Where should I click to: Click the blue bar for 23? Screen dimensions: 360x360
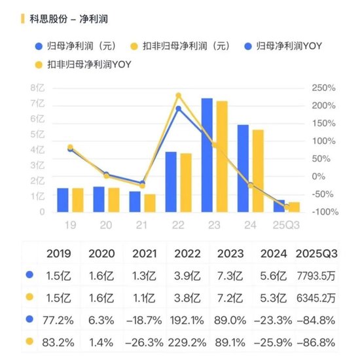point(207,155)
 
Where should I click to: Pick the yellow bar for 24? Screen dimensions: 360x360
point(258,171)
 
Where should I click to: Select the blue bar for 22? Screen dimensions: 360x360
point(171,182)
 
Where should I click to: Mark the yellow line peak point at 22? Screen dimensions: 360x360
point(178,96)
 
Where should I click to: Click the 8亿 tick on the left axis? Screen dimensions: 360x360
point(37,88)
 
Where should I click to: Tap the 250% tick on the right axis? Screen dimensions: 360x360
point(324,88)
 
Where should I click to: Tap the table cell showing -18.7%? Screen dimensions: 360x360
point(145,319)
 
